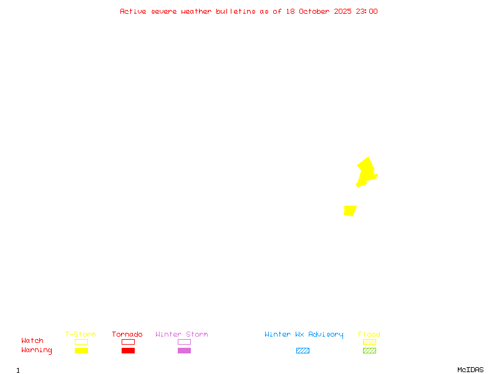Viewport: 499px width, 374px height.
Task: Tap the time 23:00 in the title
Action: click(366, 11)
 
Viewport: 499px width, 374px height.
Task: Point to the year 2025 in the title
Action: click(343, 11)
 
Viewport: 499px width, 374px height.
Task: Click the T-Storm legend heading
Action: click(80, 335)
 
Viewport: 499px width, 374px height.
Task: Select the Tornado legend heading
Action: click(127, 335)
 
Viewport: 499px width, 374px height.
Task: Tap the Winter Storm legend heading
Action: click(182, 335)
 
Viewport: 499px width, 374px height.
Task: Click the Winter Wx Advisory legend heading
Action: click(304, 335)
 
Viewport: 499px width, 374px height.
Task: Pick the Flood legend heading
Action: click(369, 335)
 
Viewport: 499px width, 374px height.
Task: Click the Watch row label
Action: click(32, 341)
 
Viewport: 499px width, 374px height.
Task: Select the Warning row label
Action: click(37, 350)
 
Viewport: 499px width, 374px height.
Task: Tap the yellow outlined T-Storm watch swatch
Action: click(81, 342)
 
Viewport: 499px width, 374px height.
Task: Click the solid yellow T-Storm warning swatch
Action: click(81, 350)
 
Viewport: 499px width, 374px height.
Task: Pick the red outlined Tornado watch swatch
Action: click(128, 342)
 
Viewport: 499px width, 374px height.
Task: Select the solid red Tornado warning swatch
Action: click(128, 350)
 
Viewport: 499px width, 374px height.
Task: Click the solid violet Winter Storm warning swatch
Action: click(184, 350)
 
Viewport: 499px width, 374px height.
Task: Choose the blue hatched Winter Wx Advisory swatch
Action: click(303, 350)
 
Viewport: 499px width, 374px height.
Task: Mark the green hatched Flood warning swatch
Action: click(369, 350)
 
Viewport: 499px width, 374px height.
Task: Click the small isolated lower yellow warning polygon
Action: click(350, 211)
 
